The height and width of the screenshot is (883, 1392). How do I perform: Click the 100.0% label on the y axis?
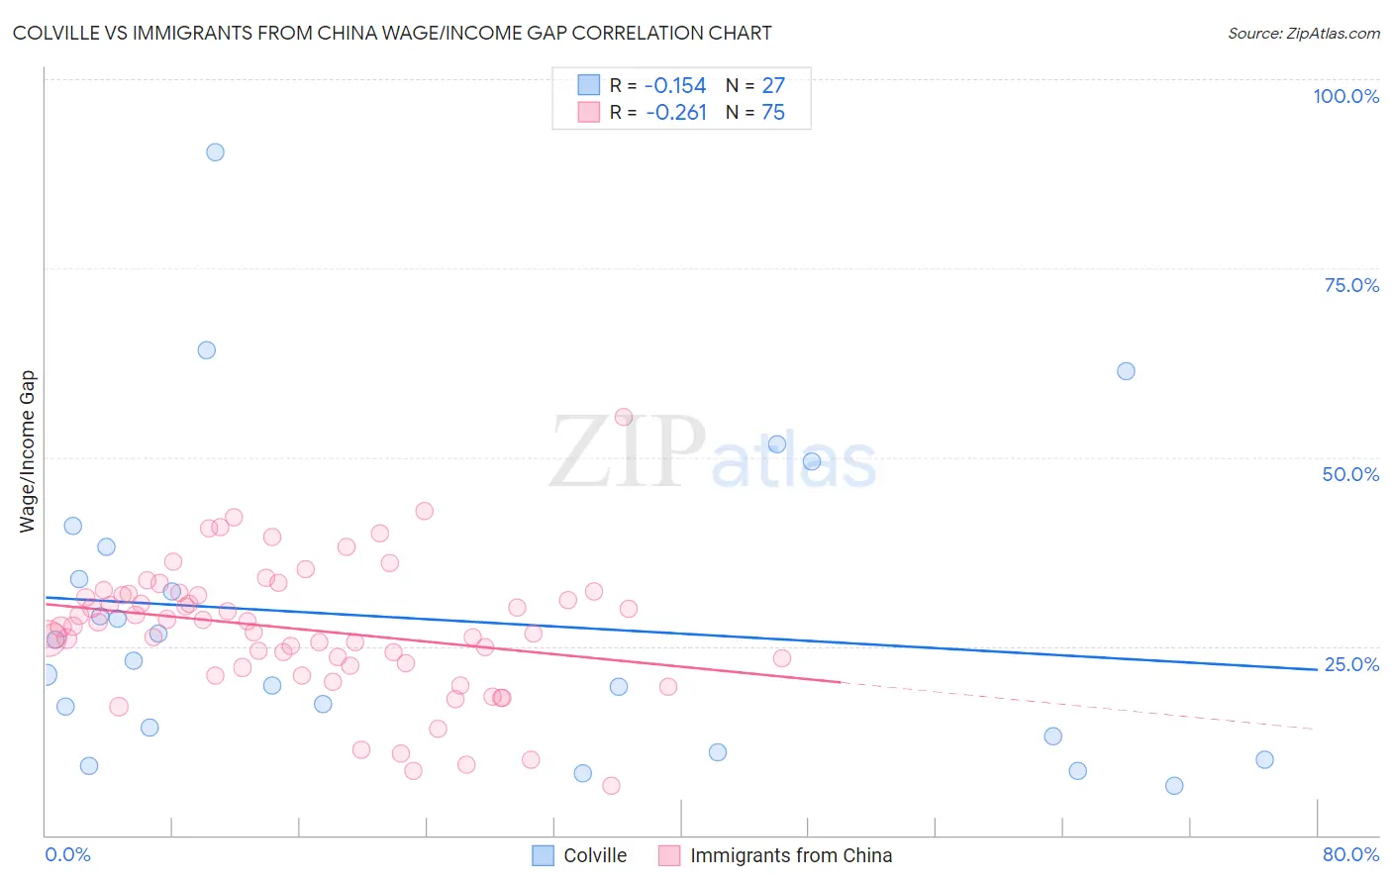(x=1345, y=96)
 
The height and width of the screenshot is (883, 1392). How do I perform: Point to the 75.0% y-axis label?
(x=1351, y=285)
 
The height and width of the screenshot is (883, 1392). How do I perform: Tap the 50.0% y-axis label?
(x=1350, y=474)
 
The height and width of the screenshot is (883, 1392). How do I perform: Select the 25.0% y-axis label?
(x=1351, y=664)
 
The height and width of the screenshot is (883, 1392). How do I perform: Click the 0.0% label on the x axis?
(x=67, y=854)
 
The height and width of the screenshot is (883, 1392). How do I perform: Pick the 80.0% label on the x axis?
(x=1350, y=854)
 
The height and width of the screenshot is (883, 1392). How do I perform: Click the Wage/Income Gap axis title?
(x=28, y=451)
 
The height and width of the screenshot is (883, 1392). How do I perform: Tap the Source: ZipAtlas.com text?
(x=1303, y=33)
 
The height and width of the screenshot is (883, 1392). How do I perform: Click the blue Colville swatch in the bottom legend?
(x=543, y=855)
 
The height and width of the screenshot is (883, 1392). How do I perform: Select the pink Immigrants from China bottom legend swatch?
(x=669, y=855)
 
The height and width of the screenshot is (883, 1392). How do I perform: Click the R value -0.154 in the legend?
(x=675, y=85)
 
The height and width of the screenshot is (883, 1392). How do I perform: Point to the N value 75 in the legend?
(x=773, y=113)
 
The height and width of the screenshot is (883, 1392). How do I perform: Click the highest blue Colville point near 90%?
(x=215, y=152)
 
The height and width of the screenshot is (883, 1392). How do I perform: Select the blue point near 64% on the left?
(x=206, y=350)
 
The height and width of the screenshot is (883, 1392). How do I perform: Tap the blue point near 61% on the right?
(x=1126, y=371)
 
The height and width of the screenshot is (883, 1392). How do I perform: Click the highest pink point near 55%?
(x=623, y=417)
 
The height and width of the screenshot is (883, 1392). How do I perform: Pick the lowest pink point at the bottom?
(x=611, y=786)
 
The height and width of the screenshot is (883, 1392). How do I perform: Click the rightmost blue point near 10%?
(x=1264, y=760)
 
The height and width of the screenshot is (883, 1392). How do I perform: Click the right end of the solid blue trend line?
(x=1317, y=670)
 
